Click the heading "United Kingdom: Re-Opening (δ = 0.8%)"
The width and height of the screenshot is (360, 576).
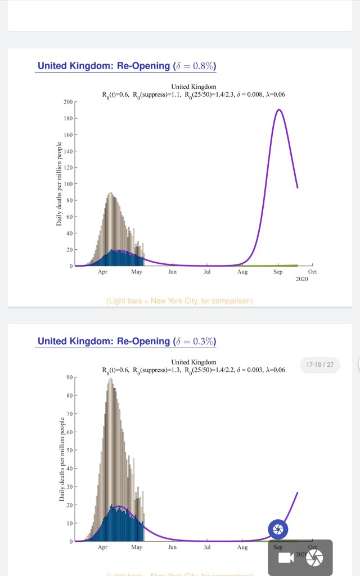tap(127, 66)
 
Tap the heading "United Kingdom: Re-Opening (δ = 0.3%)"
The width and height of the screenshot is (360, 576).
tap(127, 341)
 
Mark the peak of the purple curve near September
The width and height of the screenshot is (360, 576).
tap(278, 110)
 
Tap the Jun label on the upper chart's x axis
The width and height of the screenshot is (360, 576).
tap(172, 272)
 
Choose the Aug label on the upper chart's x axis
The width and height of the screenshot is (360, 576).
tap(242, 272)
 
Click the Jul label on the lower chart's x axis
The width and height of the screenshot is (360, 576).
tap(207, 547)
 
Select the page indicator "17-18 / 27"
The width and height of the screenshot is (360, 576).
tap(320, 364)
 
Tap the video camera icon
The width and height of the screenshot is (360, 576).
tap(286, 557)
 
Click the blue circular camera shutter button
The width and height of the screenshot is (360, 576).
tap(278, 529)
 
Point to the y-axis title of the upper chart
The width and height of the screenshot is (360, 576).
tap(59, 184)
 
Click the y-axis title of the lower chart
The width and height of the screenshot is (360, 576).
tap(61, 459)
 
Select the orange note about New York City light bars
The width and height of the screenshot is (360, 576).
tap(179, 301)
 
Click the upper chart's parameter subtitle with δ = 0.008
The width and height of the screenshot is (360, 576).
tap(193, 94)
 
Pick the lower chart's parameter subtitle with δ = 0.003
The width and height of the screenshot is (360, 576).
tap(193, 370)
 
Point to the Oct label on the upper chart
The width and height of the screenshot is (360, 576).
tap(312, 272)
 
